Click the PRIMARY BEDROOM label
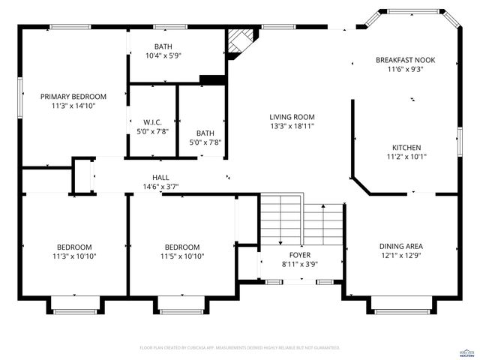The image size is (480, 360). coord(73,96)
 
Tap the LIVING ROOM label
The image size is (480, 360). coord(292,117)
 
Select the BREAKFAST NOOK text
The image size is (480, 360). coord(405,59)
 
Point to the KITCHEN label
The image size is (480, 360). coord(406,147)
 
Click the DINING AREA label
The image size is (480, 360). coord(400,246)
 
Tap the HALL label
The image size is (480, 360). coord(160,177)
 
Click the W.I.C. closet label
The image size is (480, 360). coord(152,121)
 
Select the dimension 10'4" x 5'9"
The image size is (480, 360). coord(163,55)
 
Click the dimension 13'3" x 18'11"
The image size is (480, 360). coord(292,127)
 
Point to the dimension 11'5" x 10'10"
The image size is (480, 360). coord(182,256)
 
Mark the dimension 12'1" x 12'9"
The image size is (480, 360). coord(400,256)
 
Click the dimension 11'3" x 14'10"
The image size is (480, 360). coord(73,106)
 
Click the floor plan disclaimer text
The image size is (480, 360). coord(239,348)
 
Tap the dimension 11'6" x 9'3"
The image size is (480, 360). coord(405,69)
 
